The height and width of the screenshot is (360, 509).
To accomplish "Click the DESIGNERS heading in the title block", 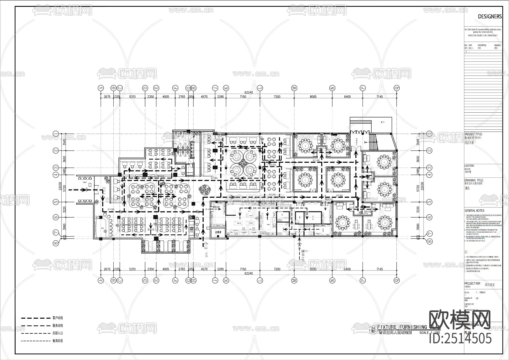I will point(490,16).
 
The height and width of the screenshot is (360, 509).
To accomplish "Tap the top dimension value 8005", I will point(313,97).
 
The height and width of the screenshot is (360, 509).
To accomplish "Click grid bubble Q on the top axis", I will point(397,88).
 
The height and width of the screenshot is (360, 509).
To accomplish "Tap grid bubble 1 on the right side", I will point(429,134).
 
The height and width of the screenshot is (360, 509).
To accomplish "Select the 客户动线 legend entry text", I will point(58,318).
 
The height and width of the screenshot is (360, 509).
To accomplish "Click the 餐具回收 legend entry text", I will point(58,341).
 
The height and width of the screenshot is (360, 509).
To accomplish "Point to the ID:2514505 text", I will point(460,338).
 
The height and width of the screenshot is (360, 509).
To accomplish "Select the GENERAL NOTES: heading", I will point(475,211).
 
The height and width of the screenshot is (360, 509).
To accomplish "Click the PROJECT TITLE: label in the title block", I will point(473,134).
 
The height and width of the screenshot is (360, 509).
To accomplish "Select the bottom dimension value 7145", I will point(379,269).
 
